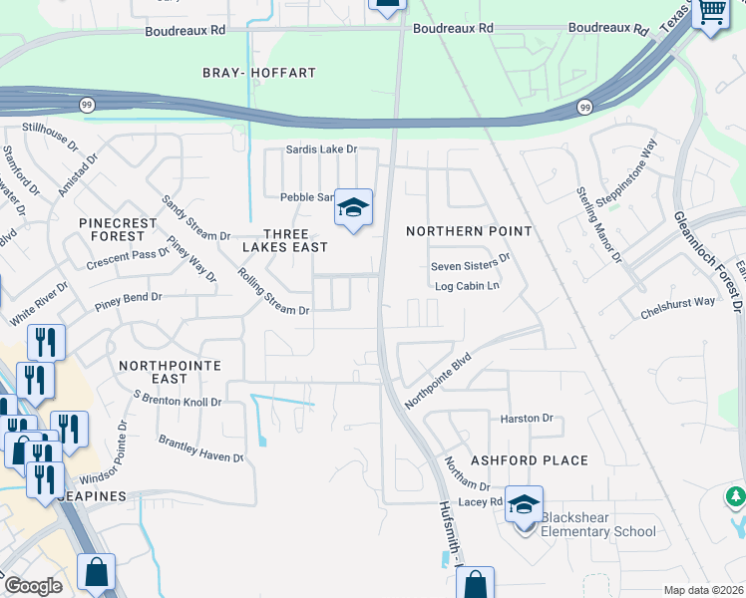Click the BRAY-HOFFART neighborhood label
[x=258, y=73]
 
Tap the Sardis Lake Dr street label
[x=321, y=149]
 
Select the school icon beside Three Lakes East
[x=353, y=208]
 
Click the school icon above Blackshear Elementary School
[x=524, y=504]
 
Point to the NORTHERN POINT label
[x=469, y=231]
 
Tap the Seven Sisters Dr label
[x=470, y=267]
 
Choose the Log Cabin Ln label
[x=467, y=286]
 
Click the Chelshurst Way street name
[x=677, y=301]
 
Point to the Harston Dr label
[x=526, y=419]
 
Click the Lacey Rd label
[x=480, y=502]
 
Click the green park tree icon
[x=736, y=495]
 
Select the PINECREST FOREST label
[x=118, y=229]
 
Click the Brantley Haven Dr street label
[x=200, y=448]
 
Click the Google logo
[x=32, y=586]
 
